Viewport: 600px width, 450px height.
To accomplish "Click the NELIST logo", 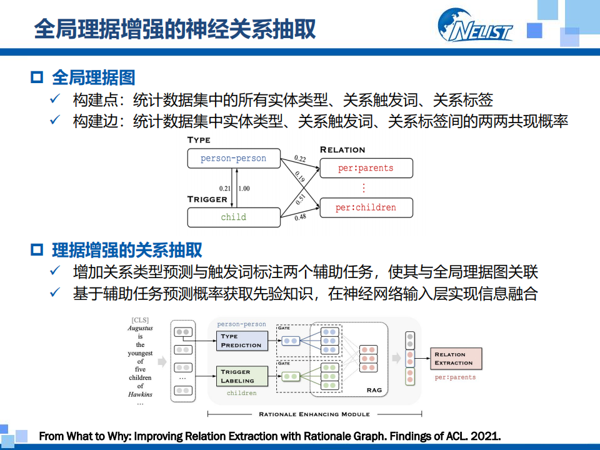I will click(x=475, y=27).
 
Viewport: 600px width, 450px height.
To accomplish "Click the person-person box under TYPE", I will click(x=233, y=159).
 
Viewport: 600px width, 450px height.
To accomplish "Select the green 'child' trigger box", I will click(x=233, y=217).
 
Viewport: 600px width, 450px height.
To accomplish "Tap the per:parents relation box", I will click(x=366, y=168).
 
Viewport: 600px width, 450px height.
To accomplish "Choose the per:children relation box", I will click(x=366, y=207).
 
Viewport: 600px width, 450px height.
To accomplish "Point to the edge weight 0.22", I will click(x=300, y=159).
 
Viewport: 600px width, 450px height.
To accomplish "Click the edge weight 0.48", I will click(x=300, y=217).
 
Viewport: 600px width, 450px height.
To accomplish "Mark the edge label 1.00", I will click(x=244, y=188).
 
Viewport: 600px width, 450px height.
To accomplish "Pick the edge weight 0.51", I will click(x=301, y=198).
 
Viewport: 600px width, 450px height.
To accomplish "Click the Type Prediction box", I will click(x=241, y=341).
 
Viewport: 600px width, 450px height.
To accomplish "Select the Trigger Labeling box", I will click(x=241, y=376).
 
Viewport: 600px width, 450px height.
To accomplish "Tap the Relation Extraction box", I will click(x=456, y=359).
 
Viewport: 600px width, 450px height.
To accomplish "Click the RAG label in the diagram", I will click(x=374, y=390).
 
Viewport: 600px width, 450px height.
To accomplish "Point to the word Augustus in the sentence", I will click(x=140, y=328).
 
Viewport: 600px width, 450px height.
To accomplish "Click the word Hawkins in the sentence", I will click(x=140, y=394).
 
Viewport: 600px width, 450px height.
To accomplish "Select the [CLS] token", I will click(x=140, y=320).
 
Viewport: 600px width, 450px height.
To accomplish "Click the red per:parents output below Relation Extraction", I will click(x=455, y=377).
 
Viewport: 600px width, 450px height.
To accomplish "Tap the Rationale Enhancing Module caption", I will click(x=314, y=414).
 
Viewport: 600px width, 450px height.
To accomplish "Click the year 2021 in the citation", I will click(x=485, y=436).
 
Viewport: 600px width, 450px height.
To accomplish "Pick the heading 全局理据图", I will click(x=93, y=77).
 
